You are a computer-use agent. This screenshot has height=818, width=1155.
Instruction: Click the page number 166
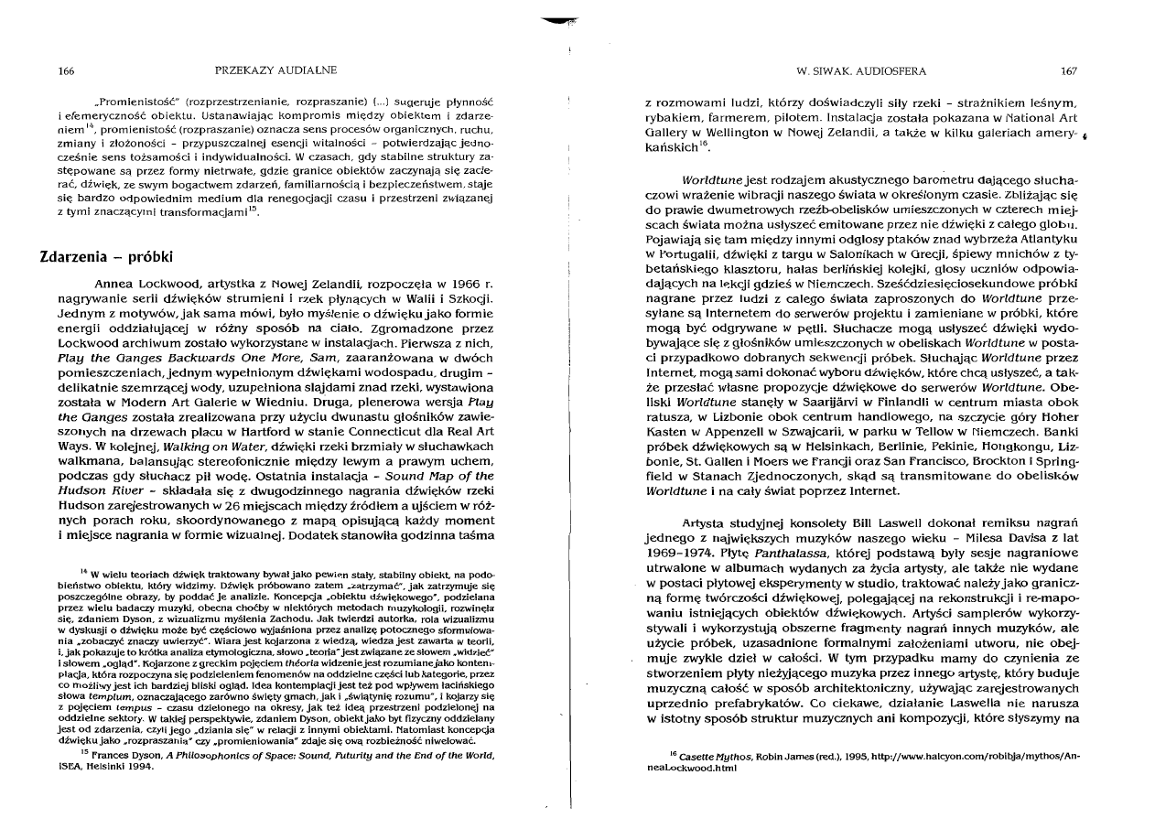(65, 70)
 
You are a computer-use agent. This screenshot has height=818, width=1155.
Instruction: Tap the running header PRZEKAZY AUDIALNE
(275, 70)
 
